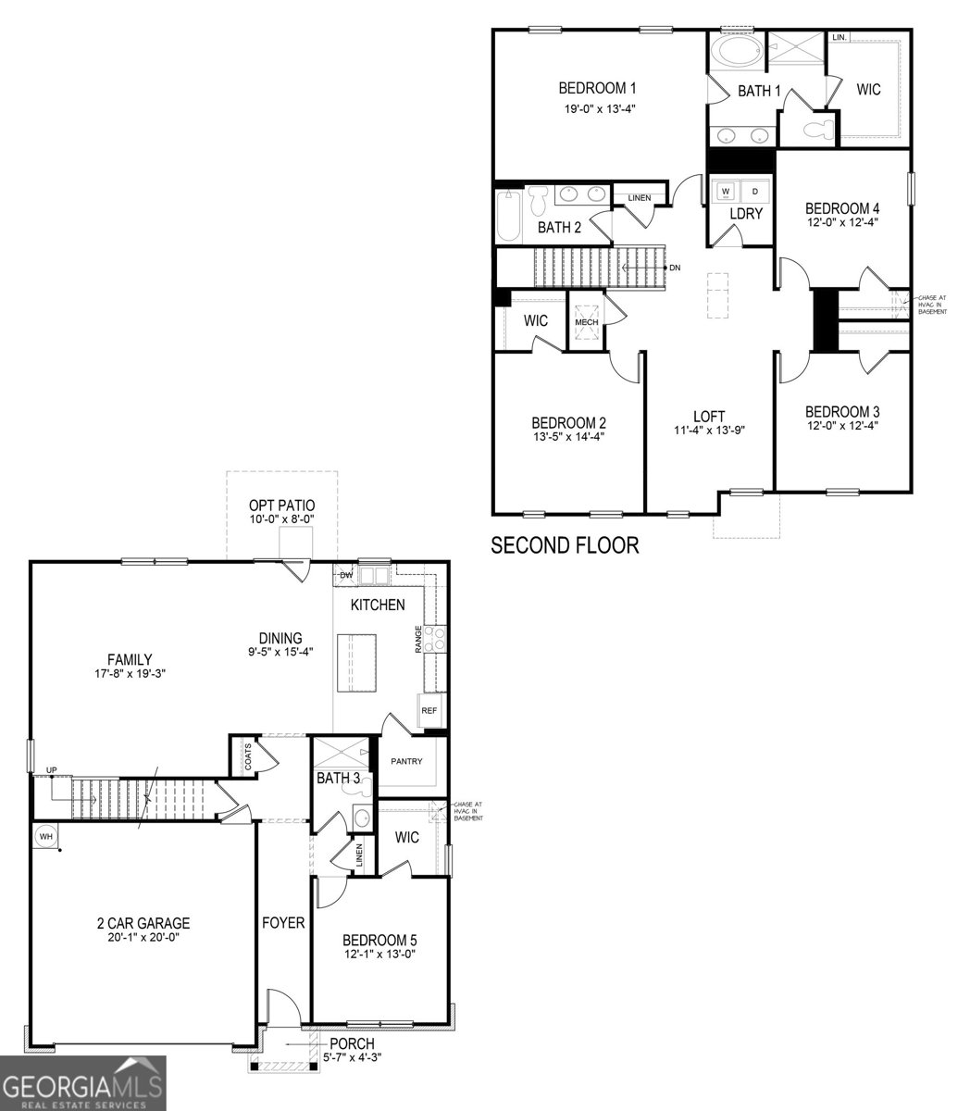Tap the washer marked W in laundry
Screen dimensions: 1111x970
point(726,191)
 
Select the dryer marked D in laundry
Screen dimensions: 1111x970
point(754,191)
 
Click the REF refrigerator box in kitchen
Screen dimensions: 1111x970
point(429,710)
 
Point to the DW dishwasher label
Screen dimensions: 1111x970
point(346,575)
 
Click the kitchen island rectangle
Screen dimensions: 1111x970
point(359,661)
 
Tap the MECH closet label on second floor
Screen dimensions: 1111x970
point(587,322)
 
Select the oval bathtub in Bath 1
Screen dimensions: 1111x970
point(737,51)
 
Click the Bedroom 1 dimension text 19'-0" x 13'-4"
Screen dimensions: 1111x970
point(600,108)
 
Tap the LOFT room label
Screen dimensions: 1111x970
point(709,416)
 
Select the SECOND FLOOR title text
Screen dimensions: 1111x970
point(565,545)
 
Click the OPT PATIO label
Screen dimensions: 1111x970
point(281,506)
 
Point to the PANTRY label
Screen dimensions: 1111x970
point(406,762)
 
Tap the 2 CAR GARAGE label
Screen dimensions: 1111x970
point(143,922)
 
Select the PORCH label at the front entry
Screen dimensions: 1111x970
point(352,1043)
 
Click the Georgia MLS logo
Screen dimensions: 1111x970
point(83,1083)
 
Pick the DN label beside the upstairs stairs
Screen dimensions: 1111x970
point(675,268)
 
